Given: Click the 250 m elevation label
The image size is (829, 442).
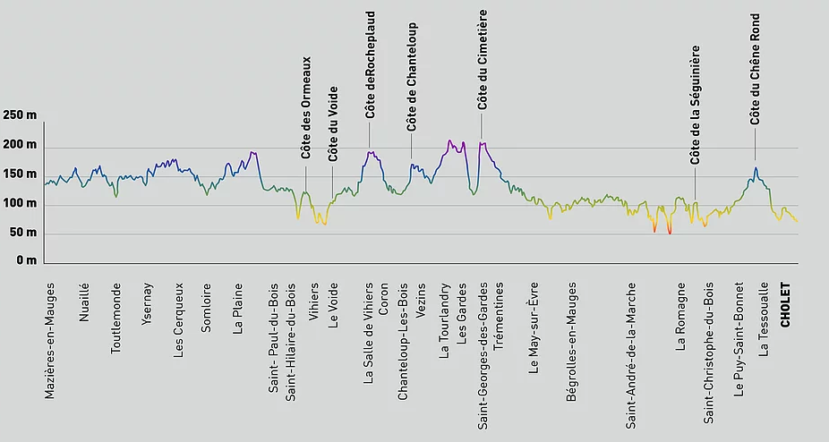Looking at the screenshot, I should tap(20, 116).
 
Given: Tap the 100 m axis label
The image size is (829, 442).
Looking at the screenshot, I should tap(20, 204).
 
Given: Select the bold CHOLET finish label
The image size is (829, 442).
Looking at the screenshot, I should tap(786, 306).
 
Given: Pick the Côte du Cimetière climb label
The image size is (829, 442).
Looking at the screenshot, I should tap(483, 60).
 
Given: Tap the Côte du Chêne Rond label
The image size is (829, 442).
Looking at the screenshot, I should tap(755, 69).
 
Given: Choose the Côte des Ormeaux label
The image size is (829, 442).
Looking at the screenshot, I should tap(306, 108).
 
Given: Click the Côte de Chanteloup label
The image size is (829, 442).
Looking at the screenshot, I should tap(413, 77).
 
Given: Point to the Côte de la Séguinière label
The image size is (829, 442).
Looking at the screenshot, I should tap(695, 106).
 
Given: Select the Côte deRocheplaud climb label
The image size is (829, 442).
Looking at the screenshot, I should tap(371, 65).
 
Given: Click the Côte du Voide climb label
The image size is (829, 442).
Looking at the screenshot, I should tap(333, 123).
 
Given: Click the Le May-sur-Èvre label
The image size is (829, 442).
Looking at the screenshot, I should tap(534, 327).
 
